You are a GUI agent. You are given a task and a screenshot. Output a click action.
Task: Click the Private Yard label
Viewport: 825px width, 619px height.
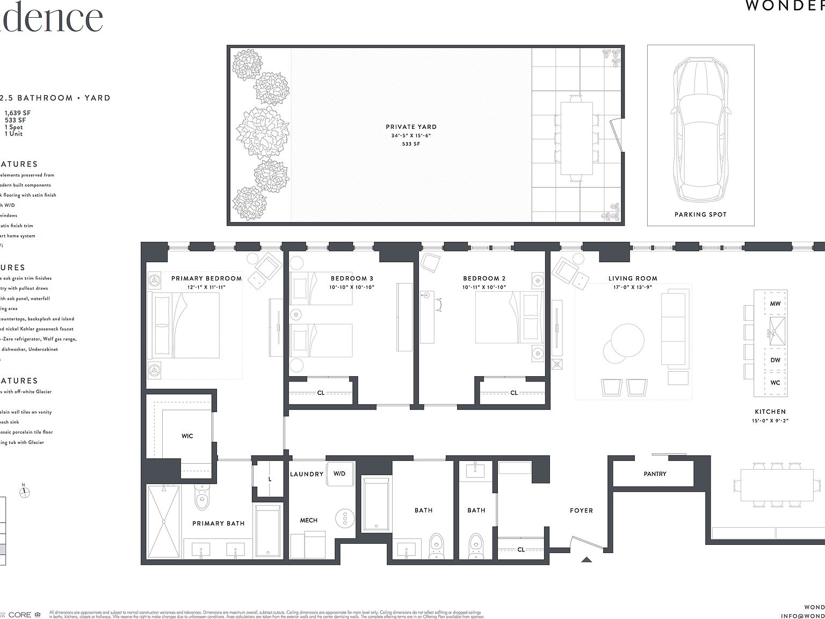(x=411, y=127)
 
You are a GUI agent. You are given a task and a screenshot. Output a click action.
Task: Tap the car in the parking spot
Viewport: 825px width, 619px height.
(x=700, y=129)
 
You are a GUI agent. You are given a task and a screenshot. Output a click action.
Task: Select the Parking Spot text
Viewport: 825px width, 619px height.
(x=700, y=214)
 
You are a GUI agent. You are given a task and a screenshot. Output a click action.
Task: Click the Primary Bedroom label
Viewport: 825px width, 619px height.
(x=206, y=278)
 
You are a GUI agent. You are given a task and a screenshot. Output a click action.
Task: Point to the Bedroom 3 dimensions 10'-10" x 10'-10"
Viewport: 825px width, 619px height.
(x=352, y=287)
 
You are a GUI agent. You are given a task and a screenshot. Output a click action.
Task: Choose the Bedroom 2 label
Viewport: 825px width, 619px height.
(x=484, y=278)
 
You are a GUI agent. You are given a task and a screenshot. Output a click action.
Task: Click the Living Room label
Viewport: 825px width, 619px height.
(x=633, y=278)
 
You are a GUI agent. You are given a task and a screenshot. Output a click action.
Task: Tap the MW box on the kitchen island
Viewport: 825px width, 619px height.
(x=775, y=304)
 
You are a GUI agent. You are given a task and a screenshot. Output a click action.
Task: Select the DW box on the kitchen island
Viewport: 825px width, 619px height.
(x=775, y=360)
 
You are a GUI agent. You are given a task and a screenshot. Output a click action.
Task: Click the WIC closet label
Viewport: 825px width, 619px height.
(x=187, y=436)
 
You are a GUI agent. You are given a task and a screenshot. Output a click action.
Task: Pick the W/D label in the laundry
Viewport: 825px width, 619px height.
(x=339, y=473)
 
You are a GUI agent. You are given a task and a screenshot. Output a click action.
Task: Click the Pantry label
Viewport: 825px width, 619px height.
(x=655, y=474)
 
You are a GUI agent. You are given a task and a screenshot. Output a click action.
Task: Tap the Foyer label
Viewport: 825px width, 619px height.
(x=581, y=510)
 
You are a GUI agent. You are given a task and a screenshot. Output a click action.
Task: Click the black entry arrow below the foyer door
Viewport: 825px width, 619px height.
(x=587, y=559)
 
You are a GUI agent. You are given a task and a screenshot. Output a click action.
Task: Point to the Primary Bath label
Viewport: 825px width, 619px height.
(x=218, y=523)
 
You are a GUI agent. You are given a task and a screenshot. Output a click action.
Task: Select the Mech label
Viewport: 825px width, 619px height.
(x=308, y=520)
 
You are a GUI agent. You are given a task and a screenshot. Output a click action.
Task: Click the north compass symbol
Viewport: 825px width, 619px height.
(x=24, y=491)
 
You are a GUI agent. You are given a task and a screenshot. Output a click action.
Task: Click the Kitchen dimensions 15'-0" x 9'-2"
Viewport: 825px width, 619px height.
(x=770, y=421)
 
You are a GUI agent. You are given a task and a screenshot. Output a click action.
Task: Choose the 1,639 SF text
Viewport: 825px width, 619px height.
(x=18, y=113)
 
